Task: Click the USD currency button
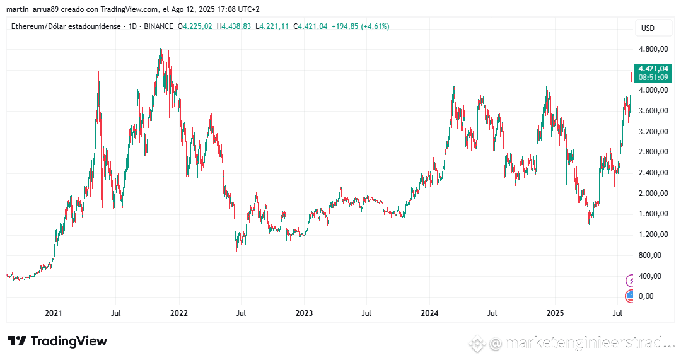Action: [x=648, y=28]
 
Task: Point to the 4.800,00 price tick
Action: [x=653, y=49]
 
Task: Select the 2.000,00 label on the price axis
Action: [x=653, y=194]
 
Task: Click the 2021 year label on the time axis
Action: [x=54, y=313]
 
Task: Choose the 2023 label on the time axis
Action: [x=304, y=313]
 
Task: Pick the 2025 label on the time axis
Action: [x=555, y=313]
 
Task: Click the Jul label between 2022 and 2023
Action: [x=241, y=313]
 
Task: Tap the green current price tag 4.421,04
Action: [x=653, y=68]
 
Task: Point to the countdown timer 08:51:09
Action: [x=653, y=77]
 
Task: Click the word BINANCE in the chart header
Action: [x=159, y=26]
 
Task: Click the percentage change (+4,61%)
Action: [x=375, y=26]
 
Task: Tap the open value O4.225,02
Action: [x=195, y=26]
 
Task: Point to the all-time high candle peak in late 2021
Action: [x=161, y=47]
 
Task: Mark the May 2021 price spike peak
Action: [x=98, y=73]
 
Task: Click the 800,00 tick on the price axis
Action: [x=653, y=255]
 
